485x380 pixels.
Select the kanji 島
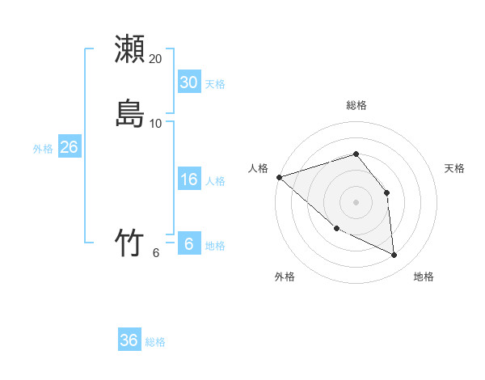129,113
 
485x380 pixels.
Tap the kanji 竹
129,243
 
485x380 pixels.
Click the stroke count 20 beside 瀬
156,58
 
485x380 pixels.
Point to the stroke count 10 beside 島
156,123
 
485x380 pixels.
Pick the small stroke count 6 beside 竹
156,252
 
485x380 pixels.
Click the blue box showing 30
188,82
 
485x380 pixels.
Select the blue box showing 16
188,179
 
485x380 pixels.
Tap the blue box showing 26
69,147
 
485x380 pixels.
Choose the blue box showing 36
129,340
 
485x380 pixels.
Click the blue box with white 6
188,244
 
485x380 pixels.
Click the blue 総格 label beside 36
155,342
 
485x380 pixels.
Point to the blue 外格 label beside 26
43,149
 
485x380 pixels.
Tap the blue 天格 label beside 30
215,84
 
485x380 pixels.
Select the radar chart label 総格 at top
356,105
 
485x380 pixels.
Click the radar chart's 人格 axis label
259,168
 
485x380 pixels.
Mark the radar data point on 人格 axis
279,177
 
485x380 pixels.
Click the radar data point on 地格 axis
394,255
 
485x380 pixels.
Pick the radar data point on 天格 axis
386,192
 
